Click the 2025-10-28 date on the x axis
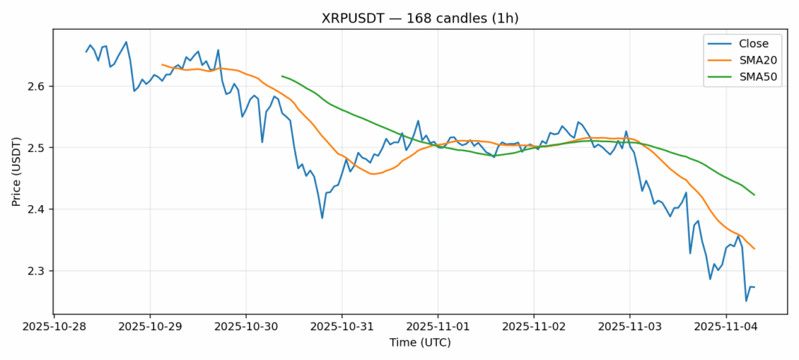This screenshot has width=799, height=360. coord(54,327)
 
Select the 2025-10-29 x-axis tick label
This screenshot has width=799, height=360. coord(150,327)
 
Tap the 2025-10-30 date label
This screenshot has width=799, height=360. coord(246,327)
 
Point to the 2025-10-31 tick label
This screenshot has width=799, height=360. coord(342,327)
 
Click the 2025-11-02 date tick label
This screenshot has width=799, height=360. coord(533,327)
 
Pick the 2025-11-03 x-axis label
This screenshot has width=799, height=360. coord(630,327)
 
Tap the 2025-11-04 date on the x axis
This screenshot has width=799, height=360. coord(726,327)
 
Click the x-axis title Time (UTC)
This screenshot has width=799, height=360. coord(420,343)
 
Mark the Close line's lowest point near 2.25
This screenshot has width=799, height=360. coord(746,301)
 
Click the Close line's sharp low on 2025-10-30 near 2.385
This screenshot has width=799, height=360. coord(322,218)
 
